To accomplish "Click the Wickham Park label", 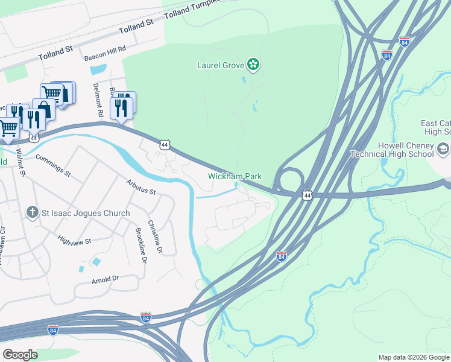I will pyautogui.click(x=235, y=176).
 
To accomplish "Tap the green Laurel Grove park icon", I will pyautogui.click(x=253, y=64).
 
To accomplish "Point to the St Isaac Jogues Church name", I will pyautogui.click(x=86, y=213).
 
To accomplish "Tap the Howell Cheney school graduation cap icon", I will pyautogui.click(x=443, y=148).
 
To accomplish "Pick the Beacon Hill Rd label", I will pyautogui.click(x=105, y=56).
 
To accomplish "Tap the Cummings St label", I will pyautogui.click(x=53, y=165).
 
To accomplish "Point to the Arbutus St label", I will pyautogui.click(x=141, y=187).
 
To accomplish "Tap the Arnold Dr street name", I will pyautogui.click(x=105, y=279).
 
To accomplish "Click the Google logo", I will pyautogui.click(x=20, y=354).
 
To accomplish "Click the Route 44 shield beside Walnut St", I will pyautogui.click(x=34, y=138).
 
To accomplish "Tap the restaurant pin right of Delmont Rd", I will pyautogui.click(x=123, y=107).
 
